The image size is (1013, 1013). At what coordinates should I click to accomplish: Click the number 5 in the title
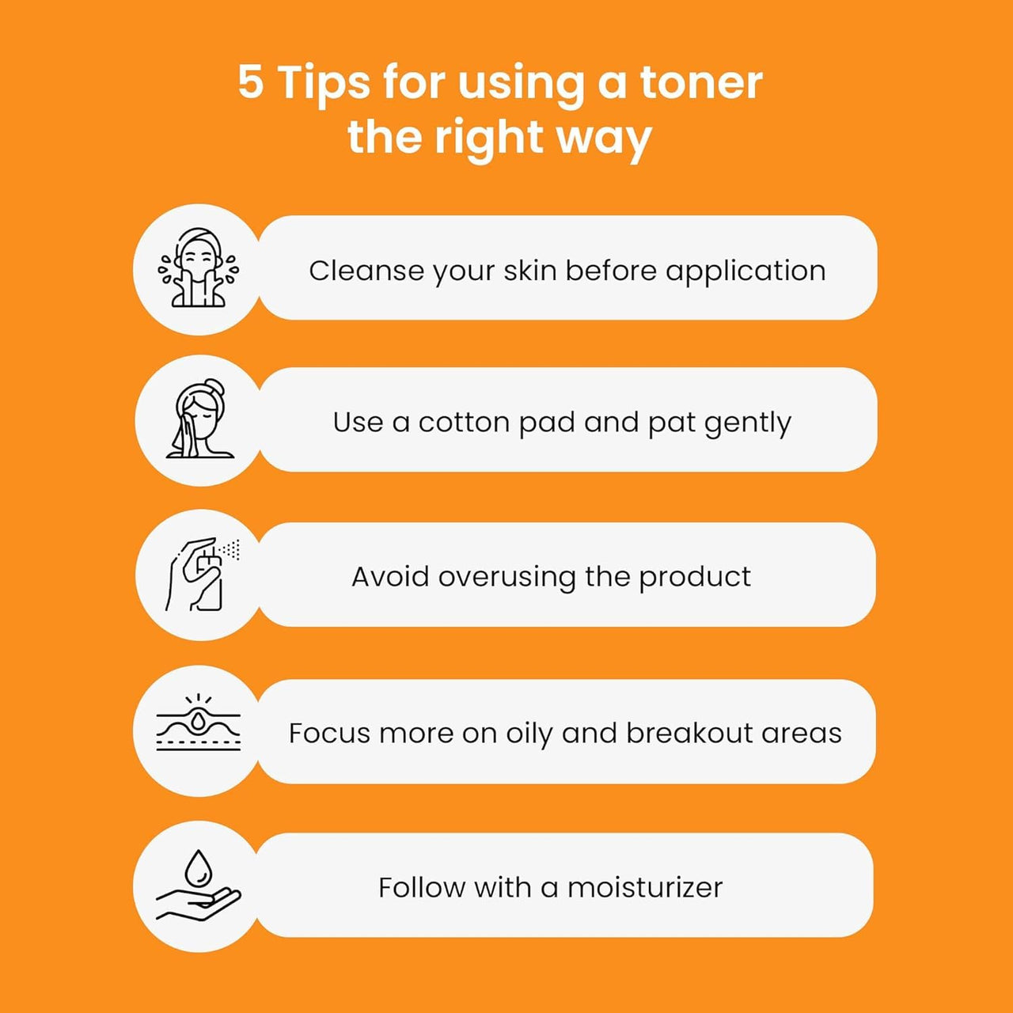[250, 82]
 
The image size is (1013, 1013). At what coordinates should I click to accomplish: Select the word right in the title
[491, 138]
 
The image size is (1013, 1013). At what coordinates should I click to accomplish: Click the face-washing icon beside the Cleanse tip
[198, 267]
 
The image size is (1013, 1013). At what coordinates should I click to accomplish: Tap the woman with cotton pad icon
[200, 419]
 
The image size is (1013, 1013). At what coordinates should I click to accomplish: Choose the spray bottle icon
[202, 574]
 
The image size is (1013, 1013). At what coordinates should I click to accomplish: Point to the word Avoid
[390, 577]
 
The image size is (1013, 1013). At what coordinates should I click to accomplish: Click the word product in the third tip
[694, 578]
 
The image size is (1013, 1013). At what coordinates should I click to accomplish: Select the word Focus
[329, 733]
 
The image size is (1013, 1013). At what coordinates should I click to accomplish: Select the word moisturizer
[645, 888]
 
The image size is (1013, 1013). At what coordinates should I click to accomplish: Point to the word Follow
[422, 887]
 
